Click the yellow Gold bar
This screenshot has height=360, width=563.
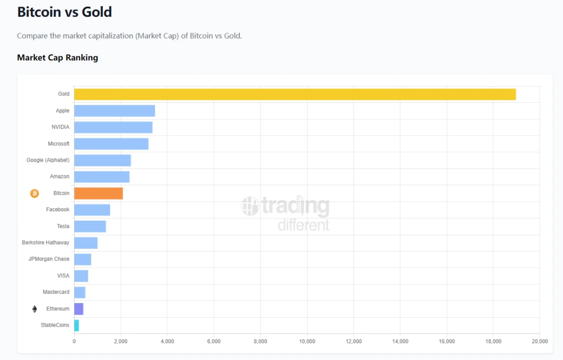click(x=295, y=94)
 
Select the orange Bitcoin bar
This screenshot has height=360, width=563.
click(x=99, y=193)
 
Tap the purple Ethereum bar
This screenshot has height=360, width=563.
click(x=79, y=309)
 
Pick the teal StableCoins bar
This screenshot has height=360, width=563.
click(x=77, y=326)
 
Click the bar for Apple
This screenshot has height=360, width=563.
click(x=114, y=111)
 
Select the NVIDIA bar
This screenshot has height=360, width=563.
click(x=113, y=127)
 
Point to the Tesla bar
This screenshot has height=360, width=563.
click(x=90, y=226)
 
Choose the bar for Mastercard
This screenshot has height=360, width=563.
click(x=80, y=292)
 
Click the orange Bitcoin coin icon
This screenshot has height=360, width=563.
click(x=34, y=194)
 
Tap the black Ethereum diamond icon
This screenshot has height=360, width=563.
click(x=34, y=309)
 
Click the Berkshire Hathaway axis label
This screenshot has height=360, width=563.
click(x=45, y=243)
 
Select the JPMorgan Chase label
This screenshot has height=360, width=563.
click(x=48, y=259)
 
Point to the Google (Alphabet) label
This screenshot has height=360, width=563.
click(x=48, y=160)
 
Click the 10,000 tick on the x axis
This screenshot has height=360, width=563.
click(x=307, y=341)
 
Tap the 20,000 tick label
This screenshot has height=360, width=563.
click(x=539, y=341)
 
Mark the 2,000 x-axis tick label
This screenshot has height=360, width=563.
click(x=120, y=341)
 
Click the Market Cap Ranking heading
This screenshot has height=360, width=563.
click(x=57, y=57)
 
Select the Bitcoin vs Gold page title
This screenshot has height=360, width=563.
click(x=65, y=13)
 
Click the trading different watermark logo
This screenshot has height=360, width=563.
click(x=286, y=213)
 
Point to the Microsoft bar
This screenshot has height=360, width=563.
click(x=111, y=143)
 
